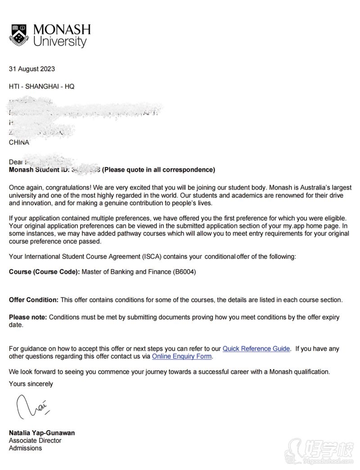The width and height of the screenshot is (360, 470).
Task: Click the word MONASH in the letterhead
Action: click(x=62, y=30)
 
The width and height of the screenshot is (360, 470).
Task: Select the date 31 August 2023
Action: click(x=32, y=69)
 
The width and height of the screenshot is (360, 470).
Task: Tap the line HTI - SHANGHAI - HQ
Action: click(x=41, y=86)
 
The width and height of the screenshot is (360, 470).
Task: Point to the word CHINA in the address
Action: click(x=19, y=142)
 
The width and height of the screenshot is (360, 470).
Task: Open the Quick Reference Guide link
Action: click(x=256, y=348)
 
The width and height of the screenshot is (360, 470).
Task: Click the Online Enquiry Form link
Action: click(x=181, y=356)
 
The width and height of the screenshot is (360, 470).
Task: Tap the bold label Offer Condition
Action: click(x=34, y=299)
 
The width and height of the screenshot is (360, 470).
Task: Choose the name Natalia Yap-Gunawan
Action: click(x=42, y=433)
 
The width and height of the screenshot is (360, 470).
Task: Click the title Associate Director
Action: click(x=35, y=440)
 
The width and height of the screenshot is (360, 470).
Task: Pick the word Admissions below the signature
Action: click(x=25, y=448)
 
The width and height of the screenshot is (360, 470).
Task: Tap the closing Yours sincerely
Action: click(x=31, y=384)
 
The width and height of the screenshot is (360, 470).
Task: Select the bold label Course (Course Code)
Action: click(x=44, y=272)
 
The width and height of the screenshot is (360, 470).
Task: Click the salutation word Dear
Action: click(x=16, y=162)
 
